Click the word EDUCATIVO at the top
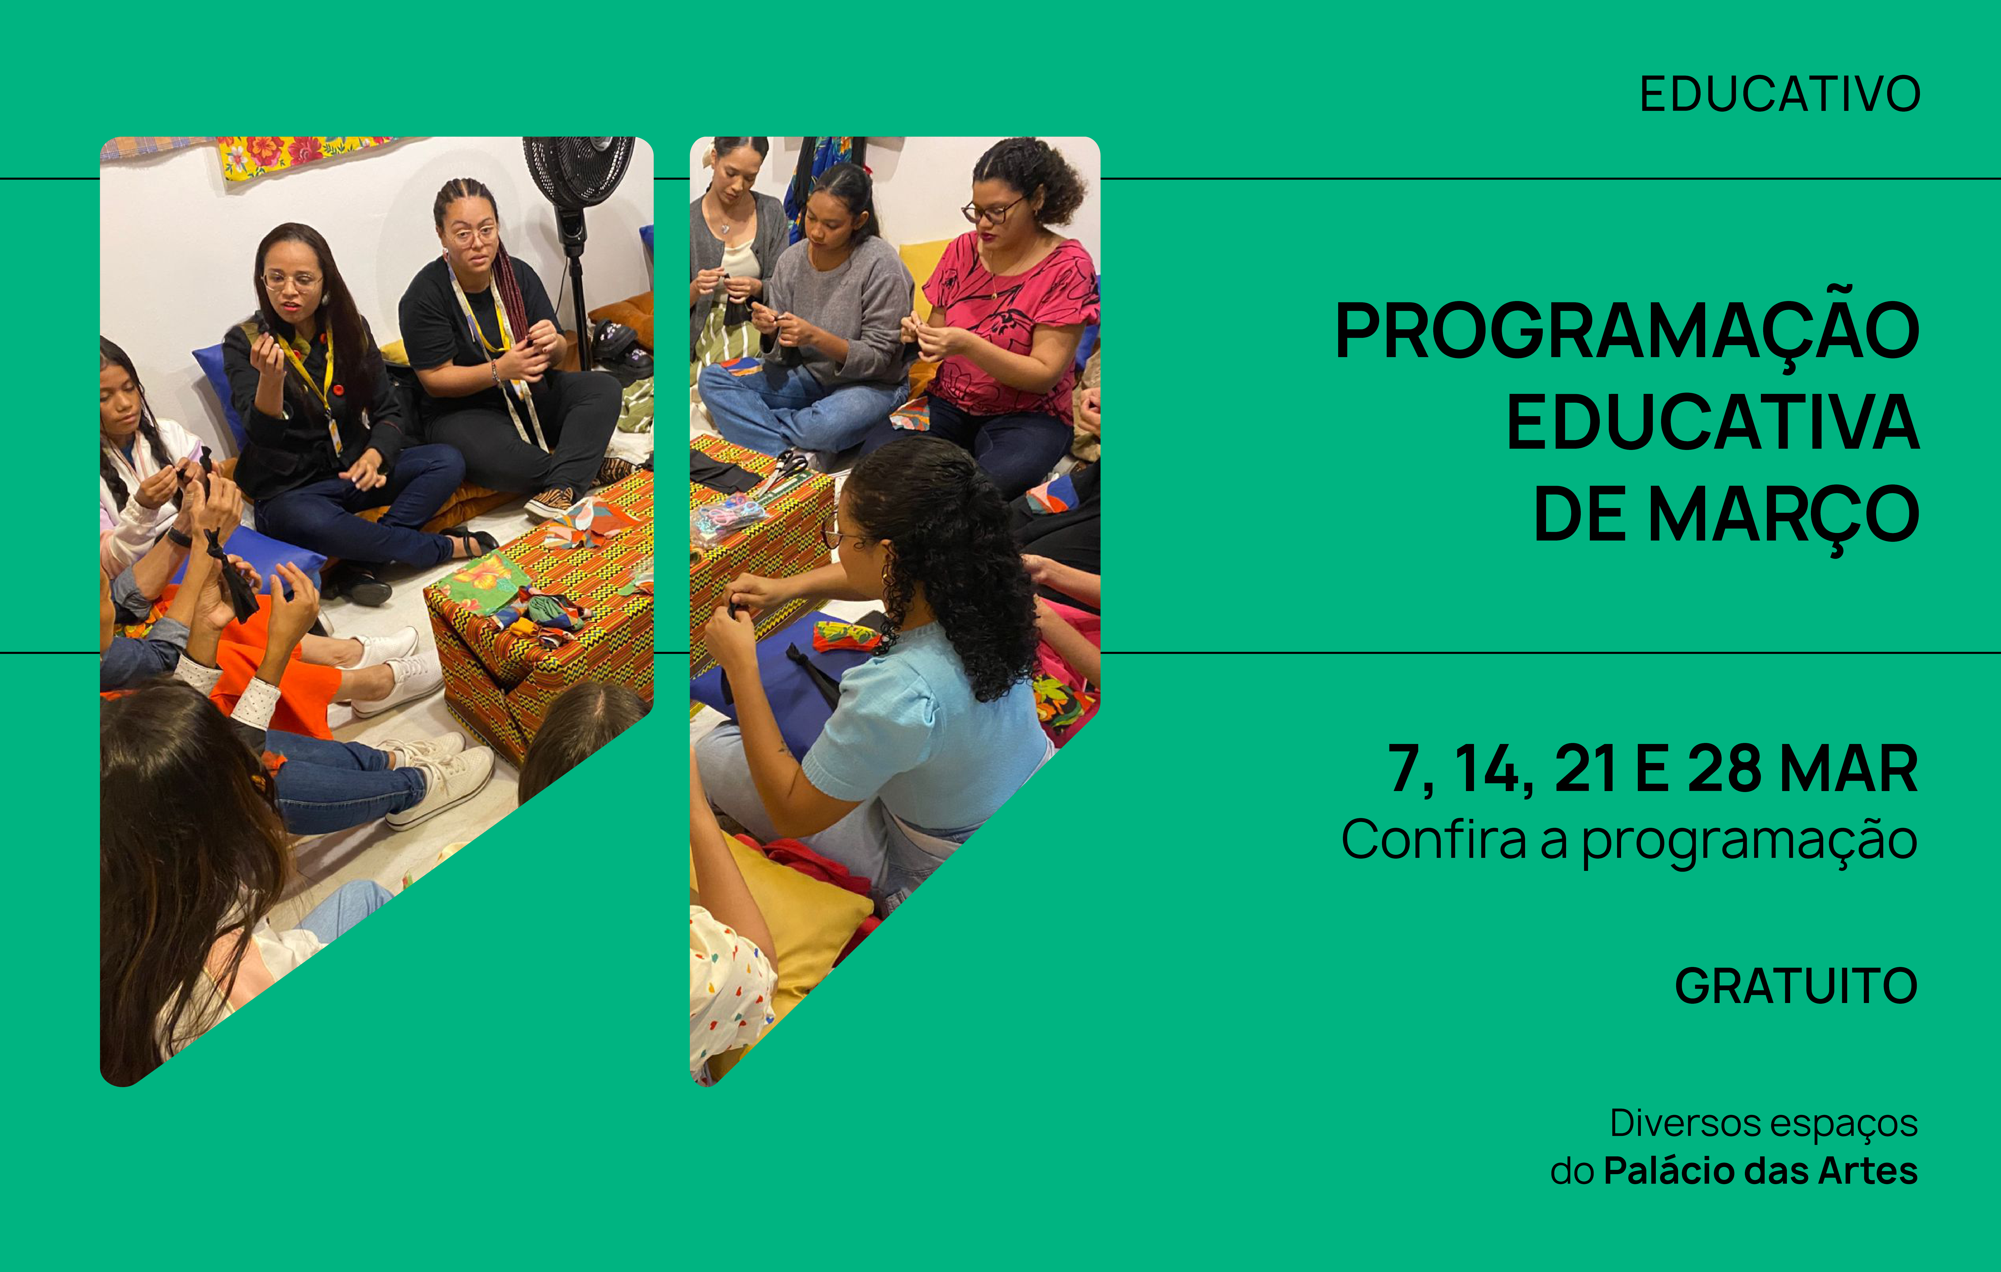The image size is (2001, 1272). click(1779, 94)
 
